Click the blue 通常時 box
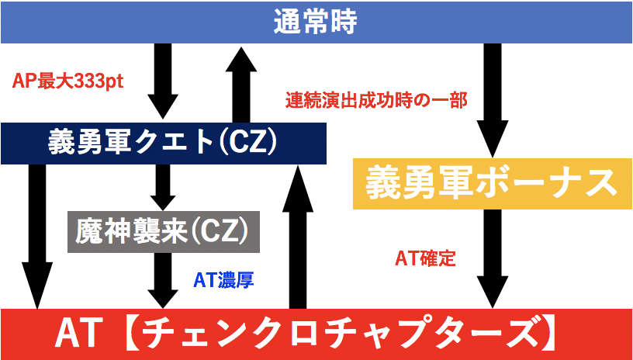pyautogui.click(x=316, y=22)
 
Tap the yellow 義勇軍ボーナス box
pyautogui.click(x=486, y=183)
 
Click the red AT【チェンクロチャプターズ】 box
pyautogui.click(x=316, y=334)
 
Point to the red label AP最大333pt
pyautogui.click(x=69, y=81)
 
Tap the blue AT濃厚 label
pyautogui.click(x=224, y=279)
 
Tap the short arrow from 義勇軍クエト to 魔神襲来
pyautogui.click(x=164, y=186)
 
